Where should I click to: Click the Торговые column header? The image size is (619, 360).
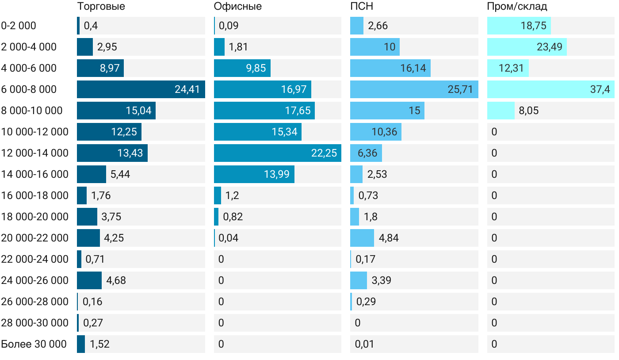click(x=101, y=7)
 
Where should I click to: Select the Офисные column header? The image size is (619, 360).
click(x=237, y=7)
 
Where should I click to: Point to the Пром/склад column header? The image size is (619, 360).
click(x=517, y=7)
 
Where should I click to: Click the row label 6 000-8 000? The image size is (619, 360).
click(x=29, y=89)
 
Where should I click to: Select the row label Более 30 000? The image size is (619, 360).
click(x=34, y=344)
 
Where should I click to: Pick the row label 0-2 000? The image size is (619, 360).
click(x=19, y=26)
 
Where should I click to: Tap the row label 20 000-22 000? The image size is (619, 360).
click(x=34, y=238)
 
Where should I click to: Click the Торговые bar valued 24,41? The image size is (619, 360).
click(x=141, y=89)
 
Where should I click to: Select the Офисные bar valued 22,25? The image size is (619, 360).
click(x=277, y=153)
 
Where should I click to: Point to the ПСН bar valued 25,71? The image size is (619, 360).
click(x=414, y=89)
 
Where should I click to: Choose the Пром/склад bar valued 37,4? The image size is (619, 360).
click(x=550, y=89)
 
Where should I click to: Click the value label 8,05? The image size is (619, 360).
click(x=529, y=111)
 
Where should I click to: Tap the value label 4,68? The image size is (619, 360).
click(x=116, y=280)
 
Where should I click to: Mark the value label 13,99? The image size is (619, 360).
click(x=276, y=174)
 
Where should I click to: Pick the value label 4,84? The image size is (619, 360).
click(x=389, y=238)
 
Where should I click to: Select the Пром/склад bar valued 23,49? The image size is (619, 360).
click(x=527, y=47)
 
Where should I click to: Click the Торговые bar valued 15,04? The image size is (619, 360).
click(x=116, y=111)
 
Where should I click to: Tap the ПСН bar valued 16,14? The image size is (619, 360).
click(x=390, y=68)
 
